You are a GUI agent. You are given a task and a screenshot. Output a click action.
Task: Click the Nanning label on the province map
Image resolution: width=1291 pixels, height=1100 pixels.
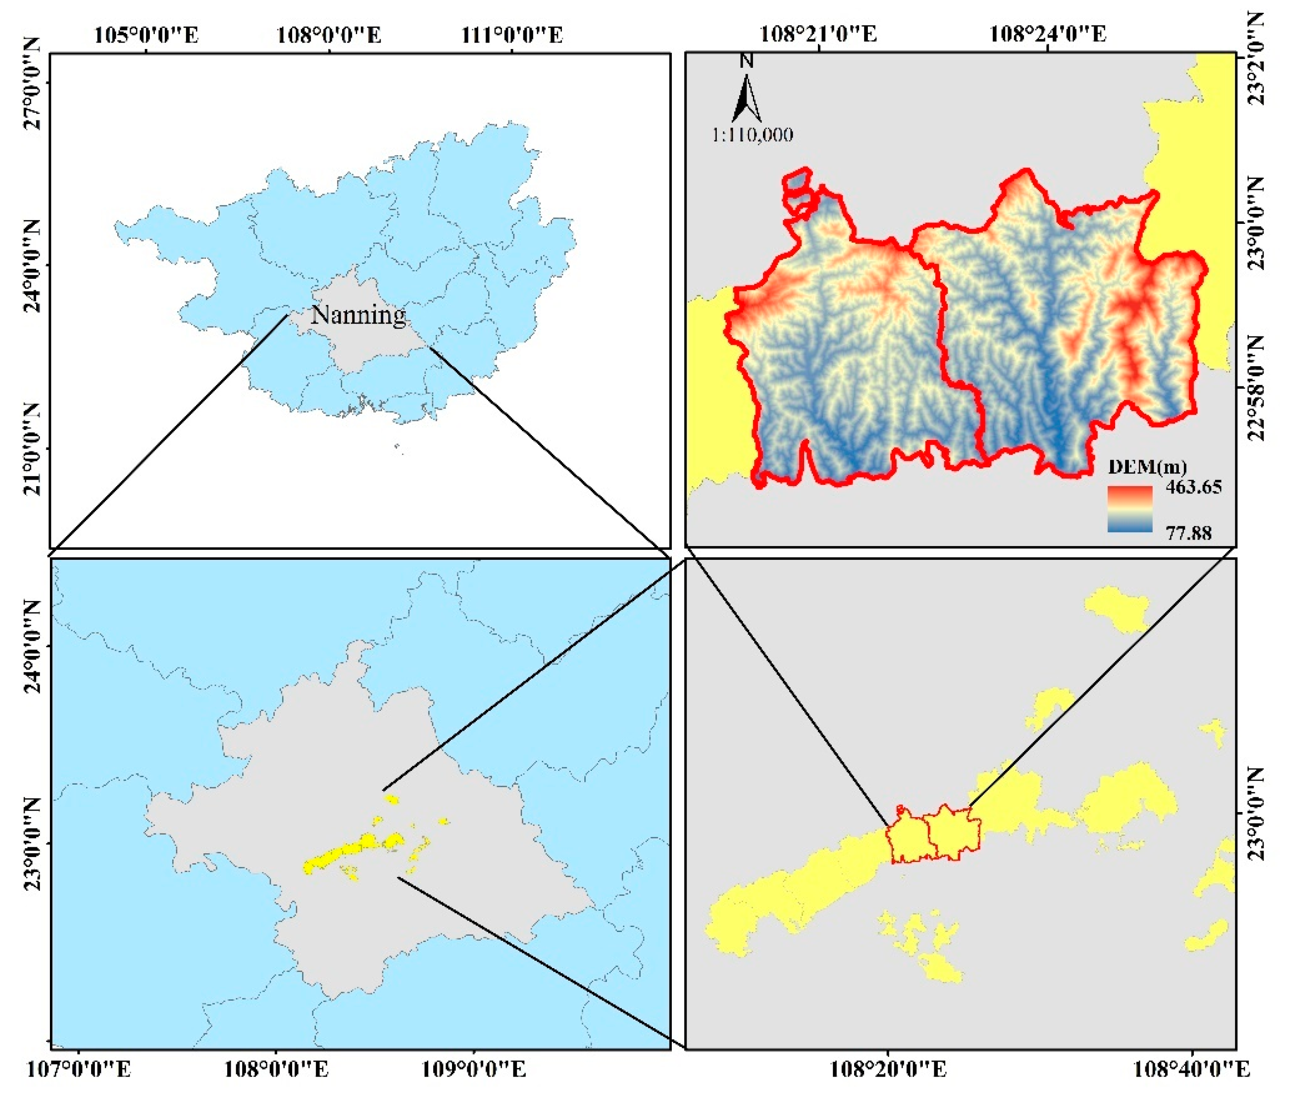(x=358, y=315)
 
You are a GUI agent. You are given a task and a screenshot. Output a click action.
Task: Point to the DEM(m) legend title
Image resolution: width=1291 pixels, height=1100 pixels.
(x=1147, y=466)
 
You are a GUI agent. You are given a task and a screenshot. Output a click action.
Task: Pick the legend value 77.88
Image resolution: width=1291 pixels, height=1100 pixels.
(x=1189, y=533)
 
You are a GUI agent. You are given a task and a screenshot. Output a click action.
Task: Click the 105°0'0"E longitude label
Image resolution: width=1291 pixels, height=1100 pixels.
(x=147, y=35)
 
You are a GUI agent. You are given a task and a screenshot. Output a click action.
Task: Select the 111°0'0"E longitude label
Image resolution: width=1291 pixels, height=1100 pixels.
(x=512, y=35)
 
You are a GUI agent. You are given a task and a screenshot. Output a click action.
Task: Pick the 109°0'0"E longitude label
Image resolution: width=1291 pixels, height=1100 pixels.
(x=474, y=1069)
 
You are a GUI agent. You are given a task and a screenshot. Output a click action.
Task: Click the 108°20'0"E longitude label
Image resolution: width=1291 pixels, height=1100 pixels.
(x=888, y=1069)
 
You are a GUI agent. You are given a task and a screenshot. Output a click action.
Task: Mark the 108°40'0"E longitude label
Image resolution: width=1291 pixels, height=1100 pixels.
(x=1191, y=1069)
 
